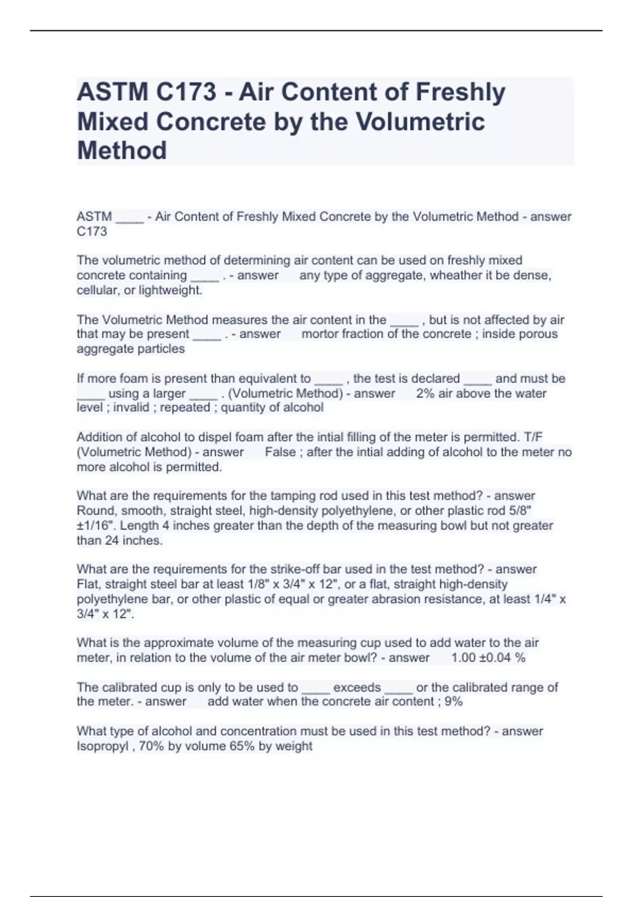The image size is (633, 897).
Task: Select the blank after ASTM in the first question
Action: (x=129, y=217)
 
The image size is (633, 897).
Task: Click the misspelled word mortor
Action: (x=320, y=334)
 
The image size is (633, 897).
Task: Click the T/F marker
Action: (x=533, y=437)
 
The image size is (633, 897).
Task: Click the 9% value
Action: (x=454, y=702)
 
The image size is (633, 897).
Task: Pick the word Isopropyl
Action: (x=102, y=747)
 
